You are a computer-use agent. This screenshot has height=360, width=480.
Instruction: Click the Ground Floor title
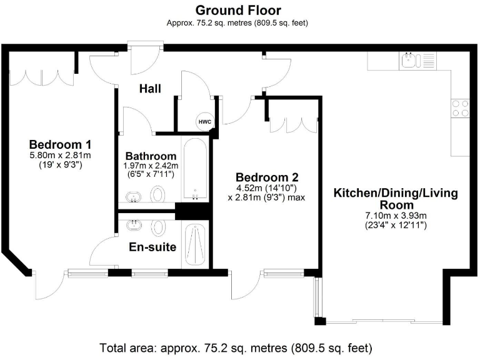(238, 11)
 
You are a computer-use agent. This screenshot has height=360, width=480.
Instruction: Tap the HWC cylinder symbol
(205, 122)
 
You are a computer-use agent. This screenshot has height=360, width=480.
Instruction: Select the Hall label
(150, 89)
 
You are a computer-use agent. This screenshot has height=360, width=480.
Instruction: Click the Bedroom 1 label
(60, 144)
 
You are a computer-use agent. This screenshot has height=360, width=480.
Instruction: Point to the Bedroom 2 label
(267, 177)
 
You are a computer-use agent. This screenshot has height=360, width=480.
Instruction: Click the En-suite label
(152, 247)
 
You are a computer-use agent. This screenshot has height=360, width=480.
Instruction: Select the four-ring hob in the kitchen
(461, 108)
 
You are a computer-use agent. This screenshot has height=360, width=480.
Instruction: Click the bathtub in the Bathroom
(195, 169)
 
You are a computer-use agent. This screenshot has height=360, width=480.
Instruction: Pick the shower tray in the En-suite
(195, 244)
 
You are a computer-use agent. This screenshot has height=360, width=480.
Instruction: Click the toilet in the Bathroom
(158, 194)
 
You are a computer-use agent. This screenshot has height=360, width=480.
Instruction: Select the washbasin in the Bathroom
(134, 196)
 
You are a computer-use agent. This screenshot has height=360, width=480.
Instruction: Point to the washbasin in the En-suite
(134, 225)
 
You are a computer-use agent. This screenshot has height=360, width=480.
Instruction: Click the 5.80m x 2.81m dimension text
(60, 155)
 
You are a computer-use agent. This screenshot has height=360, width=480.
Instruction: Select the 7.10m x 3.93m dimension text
(396, 216)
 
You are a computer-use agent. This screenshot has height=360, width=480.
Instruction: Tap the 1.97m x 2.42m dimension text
(151, 166)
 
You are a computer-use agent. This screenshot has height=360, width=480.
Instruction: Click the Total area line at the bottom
(236, 348)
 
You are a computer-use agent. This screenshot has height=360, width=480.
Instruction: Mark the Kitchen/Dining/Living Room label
(396, 199)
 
